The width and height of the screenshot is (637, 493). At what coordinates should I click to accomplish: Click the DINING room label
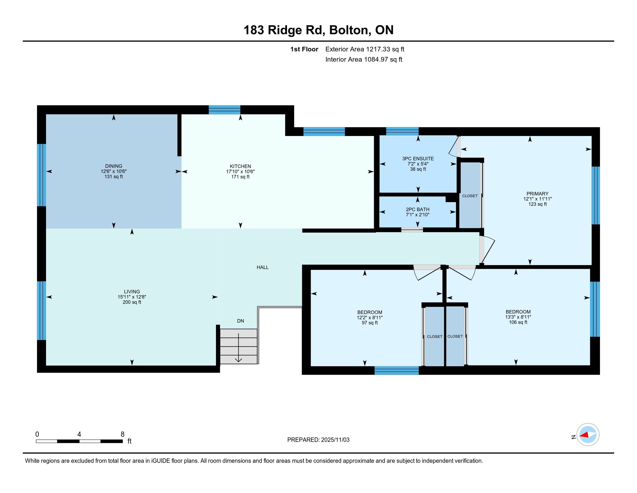point(114,166)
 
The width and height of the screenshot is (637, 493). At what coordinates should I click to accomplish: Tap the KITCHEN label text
point(240,166)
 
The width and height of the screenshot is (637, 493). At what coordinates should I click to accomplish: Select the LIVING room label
point(132,291)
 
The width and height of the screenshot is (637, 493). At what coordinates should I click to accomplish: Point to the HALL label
point(263,267)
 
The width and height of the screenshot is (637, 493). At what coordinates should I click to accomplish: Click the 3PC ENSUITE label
point(418,159)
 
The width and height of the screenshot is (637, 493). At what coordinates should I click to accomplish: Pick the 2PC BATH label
point(418,209)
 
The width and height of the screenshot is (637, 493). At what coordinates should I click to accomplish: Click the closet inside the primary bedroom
point(470,195)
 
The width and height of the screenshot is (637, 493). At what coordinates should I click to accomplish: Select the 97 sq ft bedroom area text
point(370,323)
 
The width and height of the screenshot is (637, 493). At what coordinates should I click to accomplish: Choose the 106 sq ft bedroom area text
point(518,322)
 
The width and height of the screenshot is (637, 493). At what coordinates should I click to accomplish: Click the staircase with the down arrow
point(239,346)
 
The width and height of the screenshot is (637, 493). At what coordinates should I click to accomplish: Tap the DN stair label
point(240,321)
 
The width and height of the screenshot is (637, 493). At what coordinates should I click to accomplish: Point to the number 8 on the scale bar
point(122,434)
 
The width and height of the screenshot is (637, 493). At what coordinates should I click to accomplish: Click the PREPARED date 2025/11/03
point(335,440)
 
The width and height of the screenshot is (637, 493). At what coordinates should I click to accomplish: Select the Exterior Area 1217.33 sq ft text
point(365,49)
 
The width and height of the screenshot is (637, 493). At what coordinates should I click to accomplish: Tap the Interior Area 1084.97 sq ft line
point(364,59)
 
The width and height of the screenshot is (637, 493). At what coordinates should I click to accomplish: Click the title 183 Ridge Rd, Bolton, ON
point(318,30)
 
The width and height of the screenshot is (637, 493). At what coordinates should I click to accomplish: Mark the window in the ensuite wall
point(402,131)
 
